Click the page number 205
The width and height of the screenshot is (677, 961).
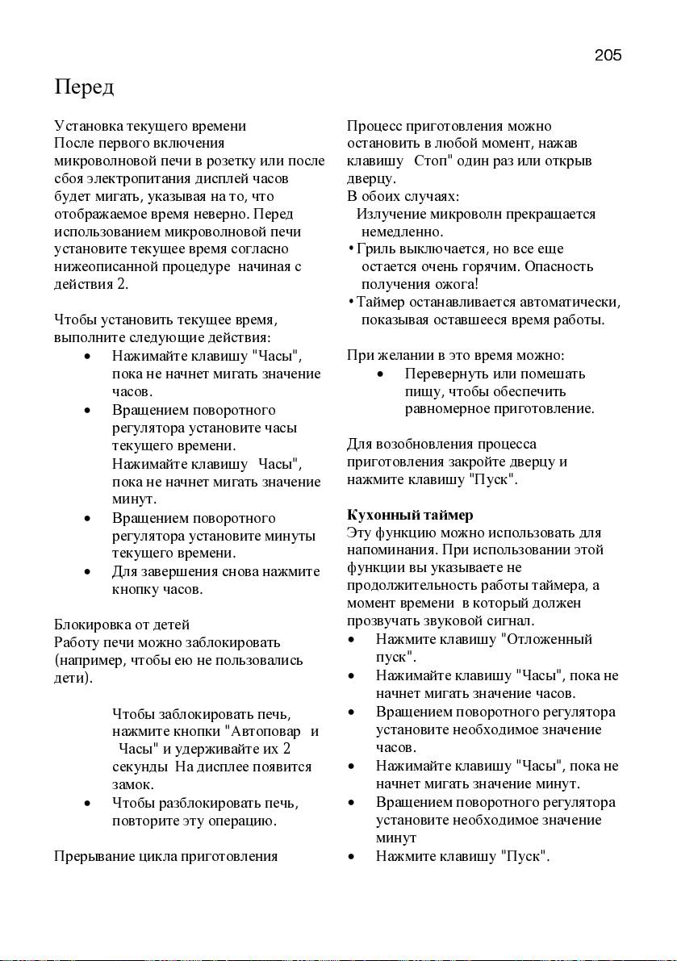(608, 56)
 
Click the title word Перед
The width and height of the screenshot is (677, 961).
(84, 86)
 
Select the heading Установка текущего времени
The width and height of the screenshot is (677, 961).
(150, 126)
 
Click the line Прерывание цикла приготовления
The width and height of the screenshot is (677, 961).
(165, 856)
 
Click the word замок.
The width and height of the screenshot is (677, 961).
(133, 784)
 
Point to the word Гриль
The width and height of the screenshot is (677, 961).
(372, 249)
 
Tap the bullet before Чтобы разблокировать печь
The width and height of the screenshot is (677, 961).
(86, 804)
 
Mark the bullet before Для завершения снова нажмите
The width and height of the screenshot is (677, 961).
(86, 572)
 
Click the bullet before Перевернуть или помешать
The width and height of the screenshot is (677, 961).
(379, 374)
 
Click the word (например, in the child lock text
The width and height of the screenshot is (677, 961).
(88, 660)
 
